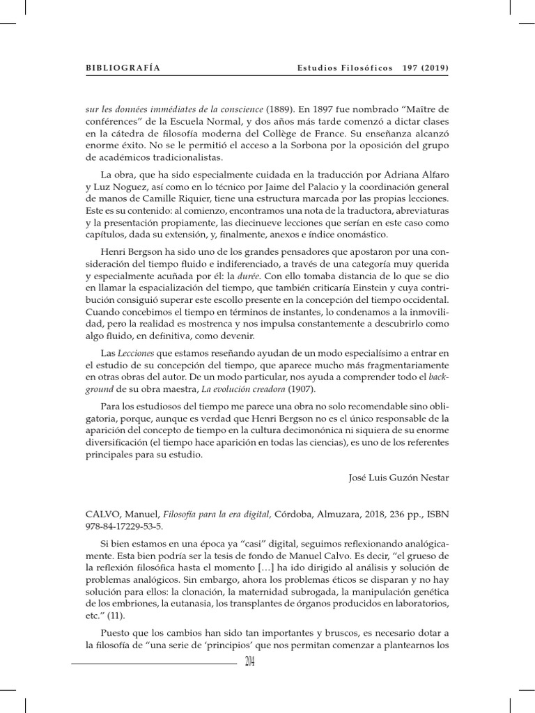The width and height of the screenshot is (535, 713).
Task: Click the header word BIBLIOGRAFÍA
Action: coord(123,68)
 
